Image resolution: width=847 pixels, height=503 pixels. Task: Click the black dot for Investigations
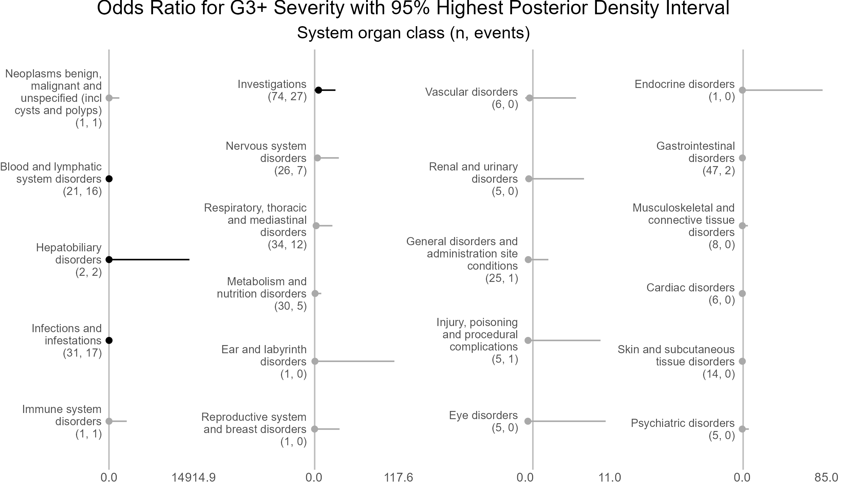click(318, 90)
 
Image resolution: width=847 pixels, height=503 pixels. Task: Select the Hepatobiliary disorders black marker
click(109, 259)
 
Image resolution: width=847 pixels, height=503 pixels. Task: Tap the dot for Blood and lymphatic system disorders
click(109, 179)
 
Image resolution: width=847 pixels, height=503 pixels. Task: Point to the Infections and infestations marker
click(109, 340)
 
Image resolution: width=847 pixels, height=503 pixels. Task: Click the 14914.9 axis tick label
click(193, 478)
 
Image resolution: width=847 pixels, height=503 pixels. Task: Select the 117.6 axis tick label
click(398, 478)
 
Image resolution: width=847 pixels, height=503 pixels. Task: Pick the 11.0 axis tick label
click(609, 478)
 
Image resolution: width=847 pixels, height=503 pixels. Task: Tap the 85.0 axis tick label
click(826, 478)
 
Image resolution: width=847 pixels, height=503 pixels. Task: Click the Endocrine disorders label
click(684, 90)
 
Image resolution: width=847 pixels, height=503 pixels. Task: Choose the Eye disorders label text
click(483, 421)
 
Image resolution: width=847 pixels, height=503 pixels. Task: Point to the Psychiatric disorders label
click(682, 429)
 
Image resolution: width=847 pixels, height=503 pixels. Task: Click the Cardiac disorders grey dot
click(742, 293)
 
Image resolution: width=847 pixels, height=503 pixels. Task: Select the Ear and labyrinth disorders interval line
click(355, 361)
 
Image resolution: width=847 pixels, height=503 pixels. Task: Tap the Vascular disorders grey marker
click(529, 98)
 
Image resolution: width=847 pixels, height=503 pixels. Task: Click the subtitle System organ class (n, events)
click(413, 33)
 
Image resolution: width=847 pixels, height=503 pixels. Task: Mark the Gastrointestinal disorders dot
click(742, 158)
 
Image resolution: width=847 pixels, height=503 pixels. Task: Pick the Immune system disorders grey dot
click(109, 421)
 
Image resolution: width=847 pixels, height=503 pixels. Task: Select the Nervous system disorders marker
click(317, 158)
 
